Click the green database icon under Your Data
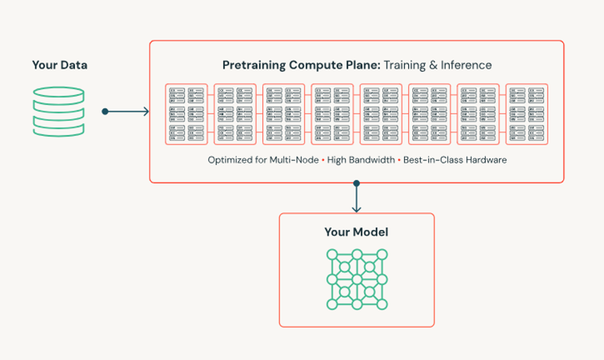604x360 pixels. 59,112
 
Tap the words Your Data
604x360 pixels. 59,65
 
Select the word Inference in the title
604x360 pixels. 467,65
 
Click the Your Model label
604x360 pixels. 356,232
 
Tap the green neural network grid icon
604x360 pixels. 356,279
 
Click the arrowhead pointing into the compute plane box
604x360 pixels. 146,111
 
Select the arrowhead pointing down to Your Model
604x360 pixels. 356,209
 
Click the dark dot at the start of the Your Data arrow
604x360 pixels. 105,111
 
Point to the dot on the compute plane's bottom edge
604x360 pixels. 356,183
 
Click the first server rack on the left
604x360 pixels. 187,114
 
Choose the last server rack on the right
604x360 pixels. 526,114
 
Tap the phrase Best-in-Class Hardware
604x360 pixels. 455,160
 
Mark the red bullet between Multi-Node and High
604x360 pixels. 323,160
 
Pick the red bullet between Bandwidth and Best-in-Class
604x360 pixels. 399,160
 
